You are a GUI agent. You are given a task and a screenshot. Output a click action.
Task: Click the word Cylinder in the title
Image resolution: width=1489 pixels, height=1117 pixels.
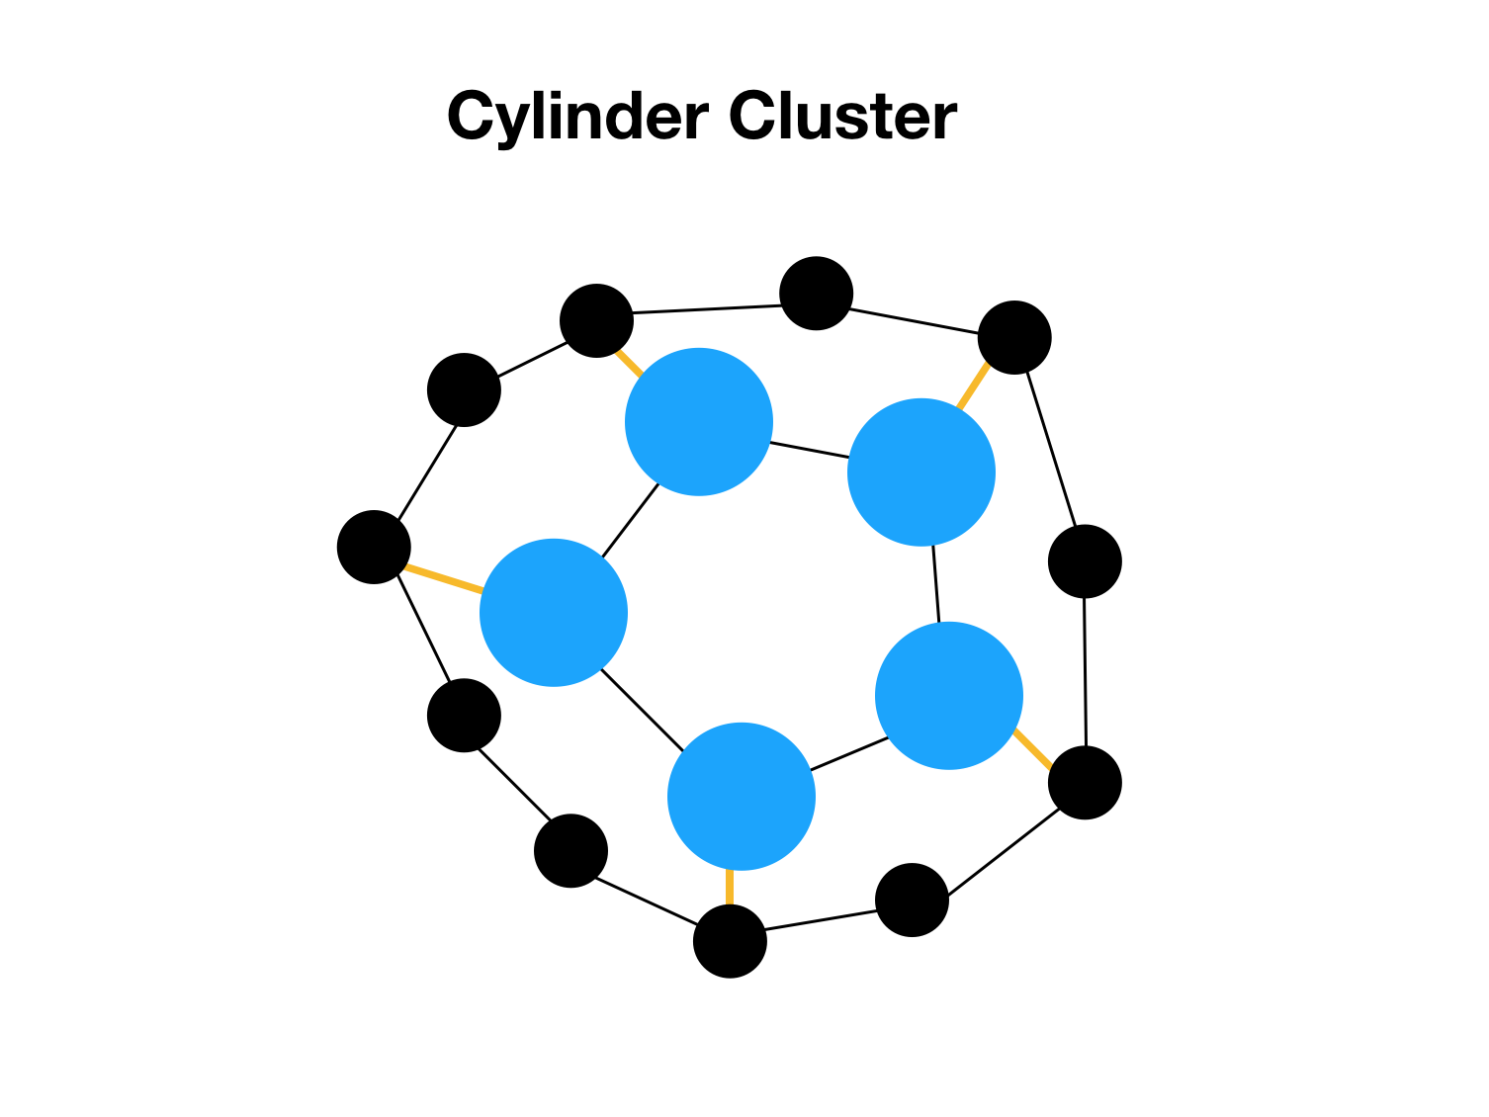pos(577,118)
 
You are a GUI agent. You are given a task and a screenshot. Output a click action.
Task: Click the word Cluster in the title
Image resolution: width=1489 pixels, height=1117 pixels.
pos(842,118)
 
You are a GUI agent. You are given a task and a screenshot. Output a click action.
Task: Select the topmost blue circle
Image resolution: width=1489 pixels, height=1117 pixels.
pos(699,422)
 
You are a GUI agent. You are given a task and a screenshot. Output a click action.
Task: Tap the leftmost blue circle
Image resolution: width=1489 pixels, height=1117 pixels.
pos(554,612)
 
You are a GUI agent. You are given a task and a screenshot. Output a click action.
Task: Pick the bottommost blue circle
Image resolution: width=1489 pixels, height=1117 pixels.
pos(742,797)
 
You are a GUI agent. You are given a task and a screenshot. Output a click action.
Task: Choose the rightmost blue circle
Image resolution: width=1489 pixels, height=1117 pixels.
pos(949,696)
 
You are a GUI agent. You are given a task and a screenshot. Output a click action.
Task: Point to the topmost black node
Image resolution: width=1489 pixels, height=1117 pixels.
pos(817,294)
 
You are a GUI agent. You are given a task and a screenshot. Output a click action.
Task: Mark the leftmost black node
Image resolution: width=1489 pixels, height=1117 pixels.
pos(374,547)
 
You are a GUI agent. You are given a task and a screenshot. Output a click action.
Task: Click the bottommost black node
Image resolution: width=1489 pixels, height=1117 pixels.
pos(730,941)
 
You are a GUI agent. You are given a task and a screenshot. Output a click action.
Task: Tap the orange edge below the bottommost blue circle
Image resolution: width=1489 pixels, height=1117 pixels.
pos(730,887)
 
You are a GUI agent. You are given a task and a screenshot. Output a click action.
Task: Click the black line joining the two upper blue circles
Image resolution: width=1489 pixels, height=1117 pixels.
pos(809,450)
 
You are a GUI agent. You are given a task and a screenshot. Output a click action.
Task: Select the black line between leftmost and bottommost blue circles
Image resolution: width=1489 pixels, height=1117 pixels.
pos(642,709)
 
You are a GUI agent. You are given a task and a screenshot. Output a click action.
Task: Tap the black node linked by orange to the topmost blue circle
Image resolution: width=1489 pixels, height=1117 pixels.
pos(596,320)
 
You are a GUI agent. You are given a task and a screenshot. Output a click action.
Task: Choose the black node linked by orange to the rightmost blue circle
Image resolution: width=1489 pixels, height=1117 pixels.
pos(1085,783)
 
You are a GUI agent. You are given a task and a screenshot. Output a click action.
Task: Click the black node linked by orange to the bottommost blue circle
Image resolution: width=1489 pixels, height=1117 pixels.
pos(730,941)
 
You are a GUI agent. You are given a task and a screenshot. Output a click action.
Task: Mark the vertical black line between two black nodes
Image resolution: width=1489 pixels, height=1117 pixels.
pos(1085,672)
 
